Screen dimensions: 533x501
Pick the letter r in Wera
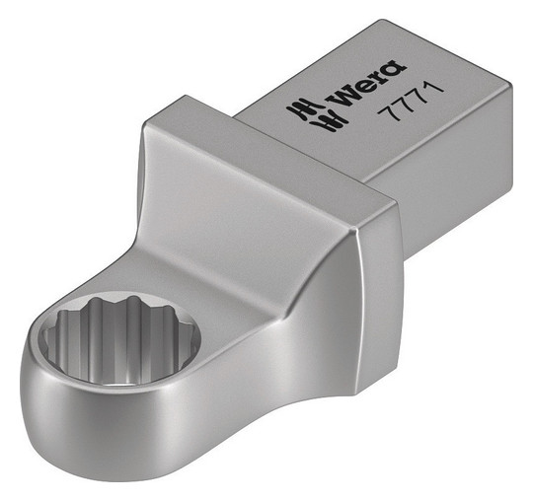pos(377,79)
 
